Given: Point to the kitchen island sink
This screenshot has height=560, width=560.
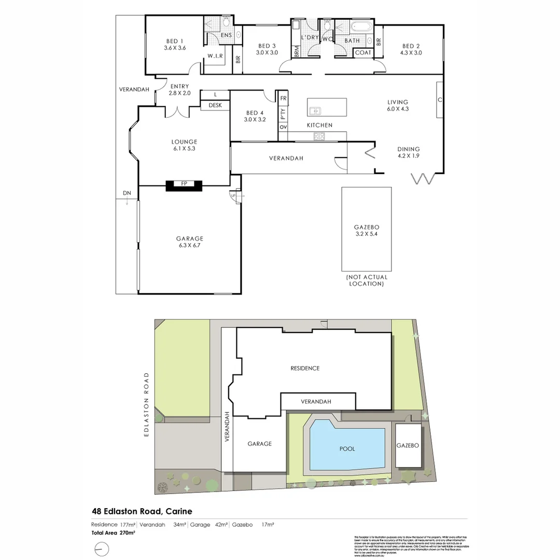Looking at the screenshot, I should tap(315, 110).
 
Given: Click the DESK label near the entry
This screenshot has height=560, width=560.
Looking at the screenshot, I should tap(215, 105).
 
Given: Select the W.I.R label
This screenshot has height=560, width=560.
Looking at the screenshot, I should tap(215, 55).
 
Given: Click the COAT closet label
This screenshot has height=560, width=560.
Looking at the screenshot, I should tap(363, 52).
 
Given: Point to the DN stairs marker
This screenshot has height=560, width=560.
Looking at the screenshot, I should tap(127, 194).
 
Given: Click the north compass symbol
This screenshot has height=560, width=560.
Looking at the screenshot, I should tap(102, 548).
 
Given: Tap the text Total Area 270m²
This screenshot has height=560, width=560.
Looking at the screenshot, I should tap(114, 533).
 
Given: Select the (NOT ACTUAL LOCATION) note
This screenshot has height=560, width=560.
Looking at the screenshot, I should tap(366, 281).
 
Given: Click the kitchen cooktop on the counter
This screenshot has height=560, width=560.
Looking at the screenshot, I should tap(319, 136).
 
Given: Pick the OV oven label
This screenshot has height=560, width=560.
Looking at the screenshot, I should tap(283, 127).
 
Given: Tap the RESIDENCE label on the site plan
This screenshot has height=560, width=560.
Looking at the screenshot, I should tap(305, 368).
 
